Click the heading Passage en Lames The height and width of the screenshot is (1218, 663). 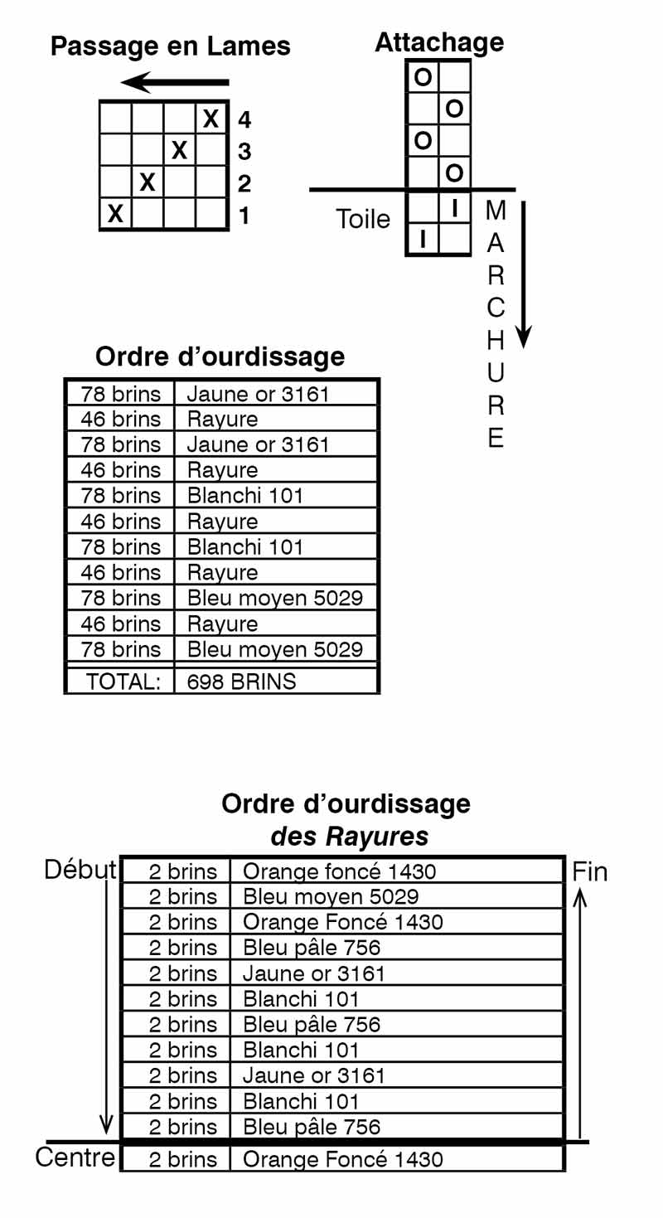pyautogui.click(x=170, y=46)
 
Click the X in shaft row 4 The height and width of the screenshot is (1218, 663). pyautogui.click(x=211, y=119)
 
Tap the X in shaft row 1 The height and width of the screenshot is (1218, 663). pyautogui.click(x=115, y=214)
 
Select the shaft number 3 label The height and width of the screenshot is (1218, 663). pyautogui.click(x=244, y=152)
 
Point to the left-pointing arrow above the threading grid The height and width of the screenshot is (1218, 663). pyautogui.click(x=175, y=83)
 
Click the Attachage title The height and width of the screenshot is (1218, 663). pyautogui.click(x=439, y=42)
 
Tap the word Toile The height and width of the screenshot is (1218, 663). pyautogui.click(x=363, y=219)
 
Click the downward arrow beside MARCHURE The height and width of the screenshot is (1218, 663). pyautogui.click(x=523, y=274)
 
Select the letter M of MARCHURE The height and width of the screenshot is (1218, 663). pyautogui.click(x=496, y=211)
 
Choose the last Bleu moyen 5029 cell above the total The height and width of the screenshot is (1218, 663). pyautogui.click(x=275, y=649)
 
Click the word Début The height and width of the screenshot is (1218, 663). pyautogui.click(x=80, y=870)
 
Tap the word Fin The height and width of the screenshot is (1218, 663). pyautogui.click(x=589, y=872)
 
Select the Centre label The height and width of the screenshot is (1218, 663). pyautogui.click(x=75, y=1157)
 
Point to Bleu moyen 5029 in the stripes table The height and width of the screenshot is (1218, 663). pyautogui.click(x=331, y=896)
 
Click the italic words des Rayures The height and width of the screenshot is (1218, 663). pyautogui.click(x=350, y=837)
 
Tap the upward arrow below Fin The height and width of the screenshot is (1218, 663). pyautogui.click(x=580, y=1013)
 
